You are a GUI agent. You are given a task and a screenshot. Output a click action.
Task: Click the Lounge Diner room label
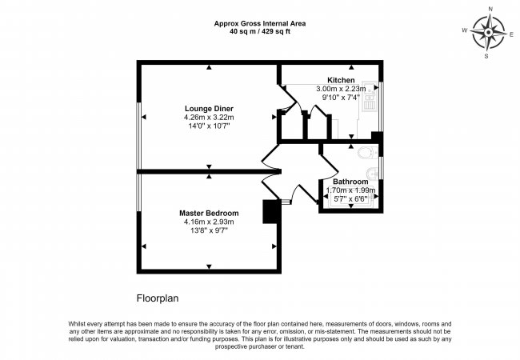209,108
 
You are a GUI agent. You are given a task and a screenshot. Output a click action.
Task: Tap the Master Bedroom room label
209,213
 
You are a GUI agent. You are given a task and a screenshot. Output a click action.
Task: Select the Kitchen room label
341,80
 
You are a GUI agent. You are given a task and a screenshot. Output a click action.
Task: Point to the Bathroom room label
350,182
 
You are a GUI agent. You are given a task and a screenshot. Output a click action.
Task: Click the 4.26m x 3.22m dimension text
209,118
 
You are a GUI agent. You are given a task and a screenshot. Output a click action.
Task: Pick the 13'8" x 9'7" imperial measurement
209,230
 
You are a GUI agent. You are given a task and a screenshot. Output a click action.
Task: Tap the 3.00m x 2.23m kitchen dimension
341,89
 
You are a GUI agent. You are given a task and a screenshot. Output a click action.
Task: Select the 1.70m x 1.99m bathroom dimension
351,190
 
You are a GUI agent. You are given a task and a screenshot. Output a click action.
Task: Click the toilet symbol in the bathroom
367,153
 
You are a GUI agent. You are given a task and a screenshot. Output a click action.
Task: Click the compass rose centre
489,33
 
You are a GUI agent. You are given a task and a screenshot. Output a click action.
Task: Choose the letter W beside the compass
465,30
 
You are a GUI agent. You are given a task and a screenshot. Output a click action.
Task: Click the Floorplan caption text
158,298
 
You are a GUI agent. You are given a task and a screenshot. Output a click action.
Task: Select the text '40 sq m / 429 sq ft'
260,32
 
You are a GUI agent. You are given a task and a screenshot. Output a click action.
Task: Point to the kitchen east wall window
381,106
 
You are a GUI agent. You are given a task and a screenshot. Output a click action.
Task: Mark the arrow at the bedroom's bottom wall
209,266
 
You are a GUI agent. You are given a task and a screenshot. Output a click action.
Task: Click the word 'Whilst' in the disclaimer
77,324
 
